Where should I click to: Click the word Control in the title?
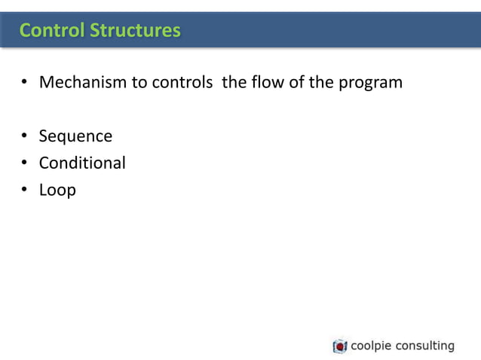[x=52, y=30]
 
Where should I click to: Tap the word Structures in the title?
[x=135, y=30]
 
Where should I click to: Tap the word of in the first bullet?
[x=297, y=82]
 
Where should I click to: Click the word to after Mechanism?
[x=139, y=82]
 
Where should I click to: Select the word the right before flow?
[x=234, y=82]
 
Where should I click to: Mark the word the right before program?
[x=323, y=82]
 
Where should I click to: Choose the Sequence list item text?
[x=75, y=137]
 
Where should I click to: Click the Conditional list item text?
[x=82, y=163]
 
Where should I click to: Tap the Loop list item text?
[x=57, y=191]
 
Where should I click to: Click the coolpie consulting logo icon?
[x=340, y=346]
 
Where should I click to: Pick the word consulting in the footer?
[x=425, y=346]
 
